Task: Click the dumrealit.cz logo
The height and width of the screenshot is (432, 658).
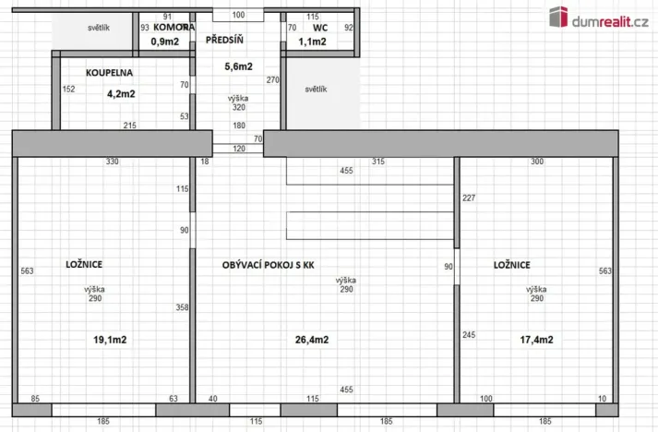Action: pyautogui.click(x=597, y=18)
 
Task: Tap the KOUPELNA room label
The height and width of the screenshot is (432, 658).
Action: pyautogui.click(x=110, y=71)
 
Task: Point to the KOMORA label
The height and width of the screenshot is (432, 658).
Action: pyautogui.click(x=172, y=28)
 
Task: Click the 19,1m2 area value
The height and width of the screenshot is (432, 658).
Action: pyautogui.click(x=110, y=339)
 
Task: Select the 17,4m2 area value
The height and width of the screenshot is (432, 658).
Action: pyautogui.click(x=536, y=339)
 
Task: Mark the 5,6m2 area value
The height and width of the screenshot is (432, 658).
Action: pyautogui.click(x=238, y=66)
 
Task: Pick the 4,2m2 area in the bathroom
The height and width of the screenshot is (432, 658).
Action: pyautogui.click(x=121, y=92)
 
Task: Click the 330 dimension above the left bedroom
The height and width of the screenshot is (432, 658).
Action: pyautogui.click(x=112, y=162)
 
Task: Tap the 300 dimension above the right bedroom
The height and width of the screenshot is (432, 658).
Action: pyautogui.click(x=537, y=162)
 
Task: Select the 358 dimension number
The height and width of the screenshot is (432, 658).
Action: pyautogui.click(x=183, y=306)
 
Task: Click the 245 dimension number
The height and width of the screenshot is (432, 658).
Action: pyautogui.click(x=469, y=334)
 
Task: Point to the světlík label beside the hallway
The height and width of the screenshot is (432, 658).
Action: pyautogui.click(x=317, y=90)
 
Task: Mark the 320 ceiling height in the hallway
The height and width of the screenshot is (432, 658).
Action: pyautogui.click(x=238, y=107)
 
